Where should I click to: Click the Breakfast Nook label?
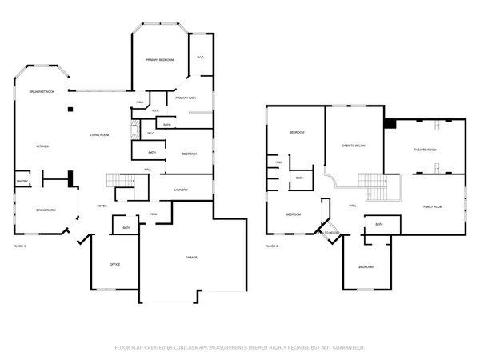click(41, 93)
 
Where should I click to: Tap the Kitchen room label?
click(42, 147)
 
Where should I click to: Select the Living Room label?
click(99, 135)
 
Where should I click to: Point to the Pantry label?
click(22, 182)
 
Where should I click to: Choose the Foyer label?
click(102, 206)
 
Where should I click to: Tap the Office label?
click(114, 264)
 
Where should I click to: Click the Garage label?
click(191, 257)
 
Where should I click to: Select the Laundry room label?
click(180, 190)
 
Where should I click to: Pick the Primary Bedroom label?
click(160, 60)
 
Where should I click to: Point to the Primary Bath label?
click(186, 98)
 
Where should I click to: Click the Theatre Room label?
click(425, 150)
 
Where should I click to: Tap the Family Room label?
click(433, 206)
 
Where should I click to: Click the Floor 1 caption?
click(20, 246)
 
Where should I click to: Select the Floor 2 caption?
click(272, 246)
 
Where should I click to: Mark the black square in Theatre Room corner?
click(390, 123)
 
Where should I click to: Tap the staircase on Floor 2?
click(373, 186)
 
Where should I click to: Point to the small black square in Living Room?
click(70, 108)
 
